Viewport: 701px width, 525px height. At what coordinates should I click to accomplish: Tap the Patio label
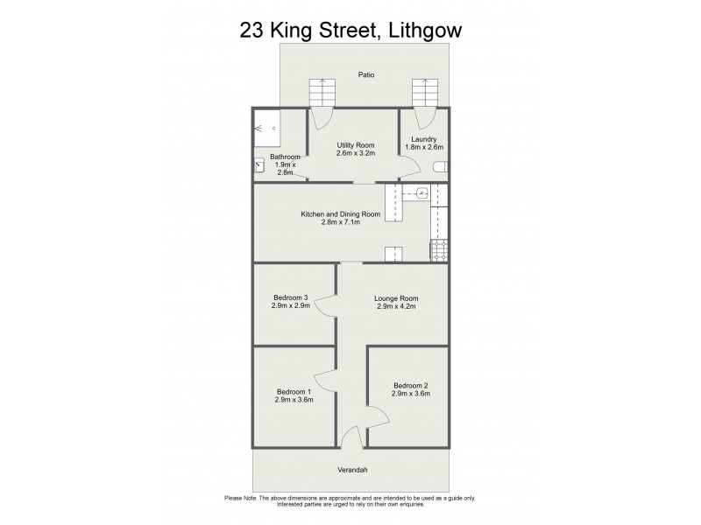tap(366, 75)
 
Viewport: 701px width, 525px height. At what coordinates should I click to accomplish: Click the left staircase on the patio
tap(322, 91)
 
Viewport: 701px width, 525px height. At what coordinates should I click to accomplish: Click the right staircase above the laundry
tap(425, 91)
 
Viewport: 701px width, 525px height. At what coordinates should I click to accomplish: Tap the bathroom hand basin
tap(260, 164)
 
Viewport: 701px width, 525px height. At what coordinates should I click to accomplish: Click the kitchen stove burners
tap(439, 250)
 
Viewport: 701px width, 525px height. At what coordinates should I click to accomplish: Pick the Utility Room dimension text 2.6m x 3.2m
tap(355, 153)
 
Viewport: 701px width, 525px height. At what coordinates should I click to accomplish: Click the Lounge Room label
tap(396, 298)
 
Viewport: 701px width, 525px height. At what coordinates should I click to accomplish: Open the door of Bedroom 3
tap(325, 306)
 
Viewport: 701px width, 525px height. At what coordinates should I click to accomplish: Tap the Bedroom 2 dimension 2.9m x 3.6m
tap(411, 394)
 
